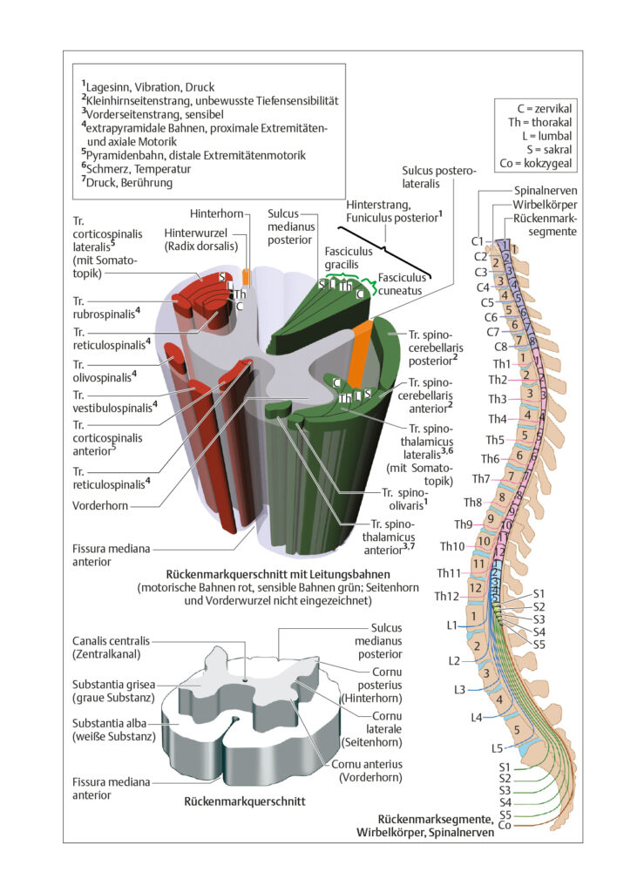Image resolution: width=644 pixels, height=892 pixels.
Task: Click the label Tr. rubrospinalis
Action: tap(105, 307)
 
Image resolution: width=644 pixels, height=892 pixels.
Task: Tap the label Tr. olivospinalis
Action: tap(105, 371)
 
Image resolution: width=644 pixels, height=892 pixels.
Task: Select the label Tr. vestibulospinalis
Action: tap(115, 402)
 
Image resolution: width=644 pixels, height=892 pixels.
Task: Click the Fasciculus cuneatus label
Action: tap(402, 284)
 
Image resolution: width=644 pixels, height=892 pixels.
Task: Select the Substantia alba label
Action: tap(113, 730)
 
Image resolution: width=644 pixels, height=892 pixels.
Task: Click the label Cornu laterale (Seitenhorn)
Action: tap(372, 729)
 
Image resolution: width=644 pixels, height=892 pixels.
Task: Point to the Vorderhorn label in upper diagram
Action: tap(100, 505)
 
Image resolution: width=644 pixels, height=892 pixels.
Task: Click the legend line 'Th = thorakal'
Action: tap(540, 122)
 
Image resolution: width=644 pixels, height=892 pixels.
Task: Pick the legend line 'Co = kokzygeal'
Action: tap(535, 163)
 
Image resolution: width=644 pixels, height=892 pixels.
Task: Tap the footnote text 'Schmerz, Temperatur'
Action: tap(136, 168)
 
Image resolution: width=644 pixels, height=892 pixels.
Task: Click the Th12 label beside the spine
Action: tap(446, 596)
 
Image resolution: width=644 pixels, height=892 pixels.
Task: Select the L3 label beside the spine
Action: tap(459, 690)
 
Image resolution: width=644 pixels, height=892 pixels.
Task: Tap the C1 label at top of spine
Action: tap(478, 241)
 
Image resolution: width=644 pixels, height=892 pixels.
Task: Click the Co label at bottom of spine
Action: tap(504, 825)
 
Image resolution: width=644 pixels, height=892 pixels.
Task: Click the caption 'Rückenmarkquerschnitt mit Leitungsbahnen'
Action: tap(278, 574)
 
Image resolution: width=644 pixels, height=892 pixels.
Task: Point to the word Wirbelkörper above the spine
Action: tap(545, 205)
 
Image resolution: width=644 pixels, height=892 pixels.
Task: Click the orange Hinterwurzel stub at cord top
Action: tap(246, 277)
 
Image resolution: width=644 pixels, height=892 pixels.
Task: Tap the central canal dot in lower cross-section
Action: tap(245, 679)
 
